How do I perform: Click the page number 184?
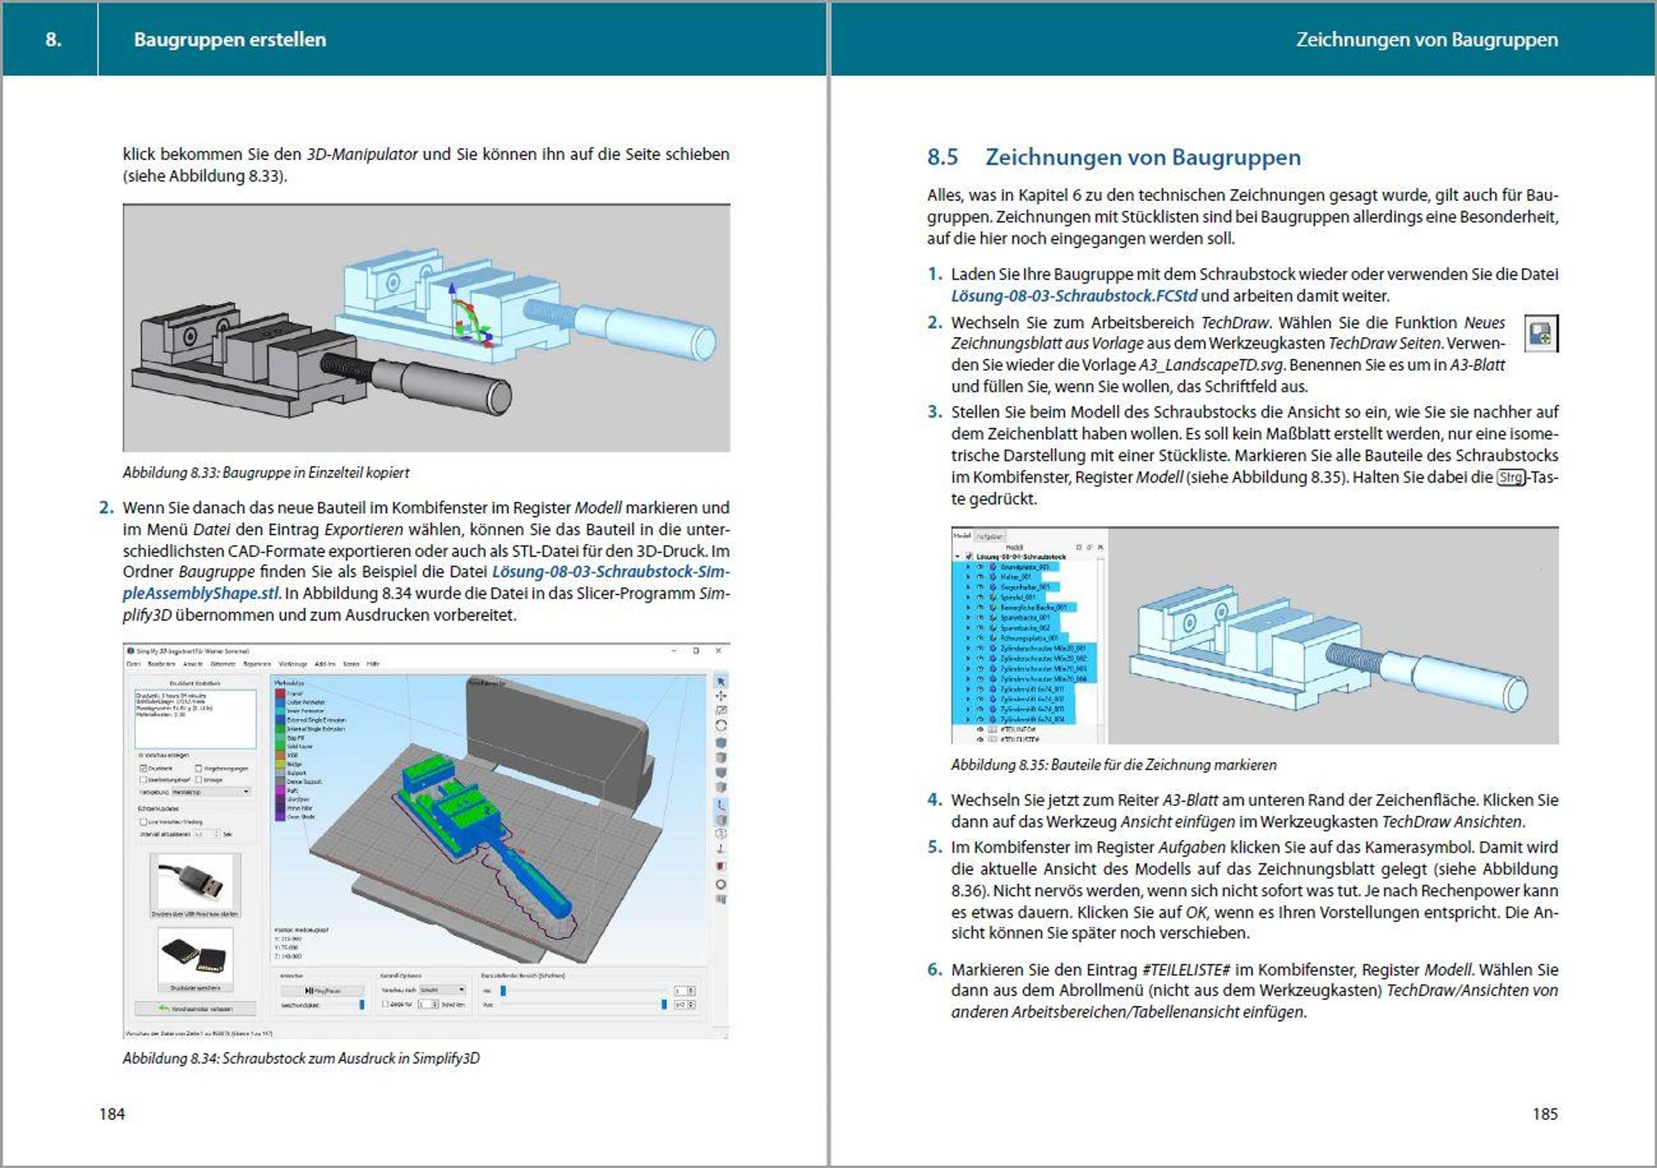click(x=112, y=1114)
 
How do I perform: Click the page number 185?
click(x=1544, y=1114)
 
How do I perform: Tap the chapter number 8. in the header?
click(x=53, y=39)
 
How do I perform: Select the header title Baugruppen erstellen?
click(x=229, y=39)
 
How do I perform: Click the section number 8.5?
click(x=942, y=157)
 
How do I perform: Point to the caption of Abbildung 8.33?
click(x=266, y=474)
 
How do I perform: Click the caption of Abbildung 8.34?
click(x=301, y=1058)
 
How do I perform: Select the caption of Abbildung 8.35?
click(x=1113, y=765)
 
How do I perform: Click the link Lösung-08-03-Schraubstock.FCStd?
click(x=1074, y=295)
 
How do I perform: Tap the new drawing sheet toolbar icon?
click(x=1540, y=334)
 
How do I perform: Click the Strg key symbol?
click(x=1511, y=478)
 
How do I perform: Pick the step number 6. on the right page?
click(x=935, y=970)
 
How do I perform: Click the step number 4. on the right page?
click(x=935, y=800)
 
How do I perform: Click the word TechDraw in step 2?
click(x=1234, y=322)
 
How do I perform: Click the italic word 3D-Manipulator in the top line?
click(x=362, y=155)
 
